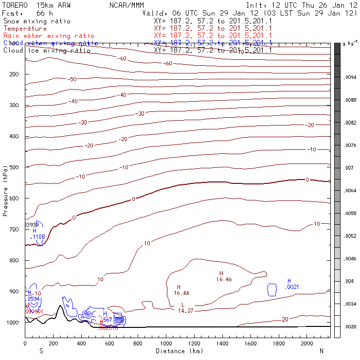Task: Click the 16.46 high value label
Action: (224, 280)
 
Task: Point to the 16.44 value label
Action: (181, 293)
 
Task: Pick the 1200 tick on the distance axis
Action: (195, 343)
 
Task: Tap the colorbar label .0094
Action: (350, 77)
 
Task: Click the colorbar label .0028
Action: (350, 327)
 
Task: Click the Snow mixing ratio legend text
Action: (36, 21)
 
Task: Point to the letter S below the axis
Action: (41, 351)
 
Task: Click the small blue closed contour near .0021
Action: (272, 289)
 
